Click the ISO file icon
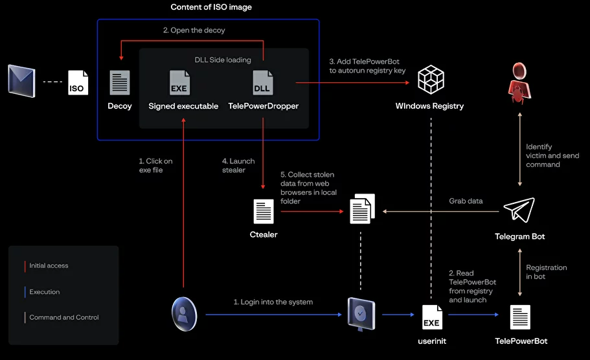click(x=78, y=82)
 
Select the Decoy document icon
click(x=120, y=82)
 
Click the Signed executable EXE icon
click(x=179, y=82)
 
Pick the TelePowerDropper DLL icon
click(x=262, y=82)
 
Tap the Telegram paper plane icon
click(x=519, y=210)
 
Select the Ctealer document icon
click(x=263, y=212)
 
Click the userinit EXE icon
click(x=432, y=317)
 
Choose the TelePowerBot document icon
click(x=520, y=317)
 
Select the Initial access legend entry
click(x=49, y=265)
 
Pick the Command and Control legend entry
click(x=63, y=317)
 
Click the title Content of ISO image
click(x=211, y=7)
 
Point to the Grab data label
click(x=466, y=201)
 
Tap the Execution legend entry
click(x=44, y=292)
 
